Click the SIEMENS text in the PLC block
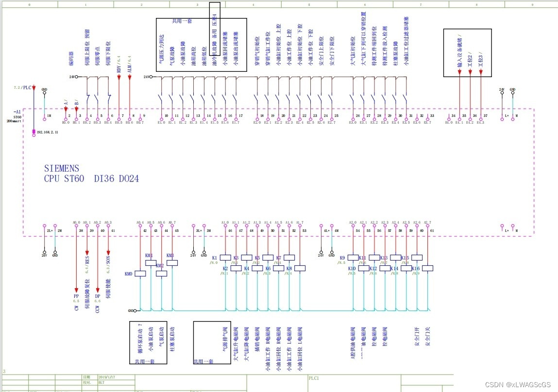(x=61, y=168)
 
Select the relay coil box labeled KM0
(x=140, y=274)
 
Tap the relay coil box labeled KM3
(x=172, y=262)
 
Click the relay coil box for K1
(x=225, y=258)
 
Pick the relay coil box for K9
(x=353, y=258)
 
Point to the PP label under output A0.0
(x=76, y=296)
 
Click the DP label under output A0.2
(x=98, y=296)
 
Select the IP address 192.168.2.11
(x=47, y=131)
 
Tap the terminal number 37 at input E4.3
(x=485, y=116)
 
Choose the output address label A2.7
(x=427, y=223)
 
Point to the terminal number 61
(x=432, y=230)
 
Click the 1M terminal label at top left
(x=49, y=116)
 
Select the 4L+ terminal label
(x=326, y=230)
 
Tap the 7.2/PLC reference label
(x=23, y=87)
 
